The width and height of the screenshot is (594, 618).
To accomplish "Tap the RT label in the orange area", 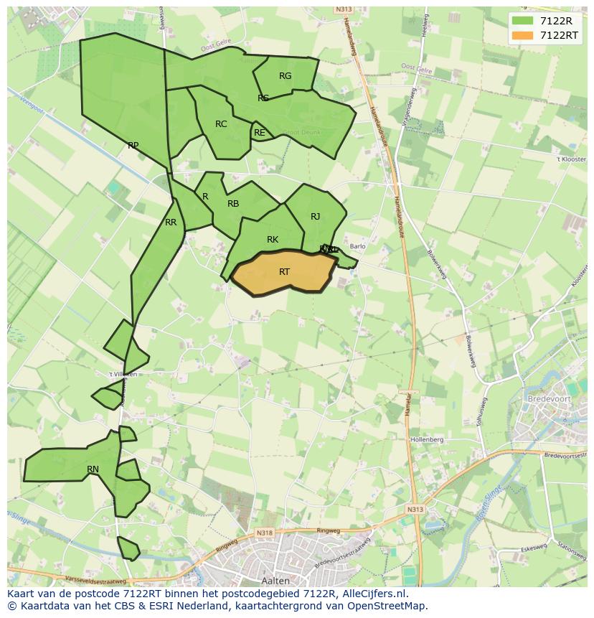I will [284, 272].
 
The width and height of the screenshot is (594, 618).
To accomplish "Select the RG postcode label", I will [285, 76].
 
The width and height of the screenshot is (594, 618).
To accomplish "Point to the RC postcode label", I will [221, 124].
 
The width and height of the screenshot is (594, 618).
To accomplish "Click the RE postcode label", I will [260, 133].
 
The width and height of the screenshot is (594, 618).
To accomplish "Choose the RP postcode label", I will [133, 146].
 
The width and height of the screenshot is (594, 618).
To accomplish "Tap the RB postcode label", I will [233, 204].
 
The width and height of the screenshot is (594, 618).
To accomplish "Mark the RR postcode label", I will [171, 223].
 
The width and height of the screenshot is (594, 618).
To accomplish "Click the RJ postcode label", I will [316, 217].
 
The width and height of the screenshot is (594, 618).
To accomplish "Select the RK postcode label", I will [273, 240].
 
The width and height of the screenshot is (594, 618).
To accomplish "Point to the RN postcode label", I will [93, 469].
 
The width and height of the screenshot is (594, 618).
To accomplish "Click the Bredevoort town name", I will [548, 398].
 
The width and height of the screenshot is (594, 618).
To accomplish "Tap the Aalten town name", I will [275, 580].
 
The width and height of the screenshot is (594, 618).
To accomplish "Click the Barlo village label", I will [357, 246].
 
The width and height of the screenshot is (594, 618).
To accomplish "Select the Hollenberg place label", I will [427, 439].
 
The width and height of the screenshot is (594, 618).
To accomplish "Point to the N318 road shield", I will [265, 533].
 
